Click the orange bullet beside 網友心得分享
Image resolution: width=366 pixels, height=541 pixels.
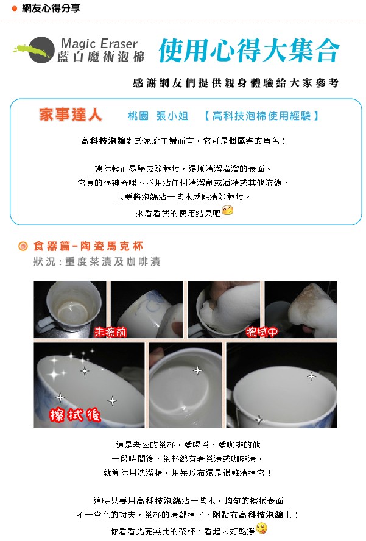(x=15, y=9)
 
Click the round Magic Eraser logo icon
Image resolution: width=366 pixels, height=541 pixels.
(x=41, y=50)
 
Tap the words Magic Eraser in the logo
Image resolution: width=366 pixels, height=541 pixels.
(x=99, y=44)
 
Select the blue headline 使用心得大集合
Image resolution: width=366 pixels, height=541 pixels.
(x=249, y=51)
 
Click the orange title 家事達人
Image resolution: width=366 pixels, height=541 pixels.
(x=71, y=115)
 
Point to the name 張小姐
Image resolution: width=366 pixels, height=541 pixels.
(x=172, y=116)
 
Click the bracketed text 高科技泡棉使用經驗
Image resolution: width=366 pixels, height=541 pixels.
(x=261, y=116)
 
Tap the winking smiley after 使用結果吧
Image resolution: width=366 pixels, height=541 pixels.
(x=227, y=210)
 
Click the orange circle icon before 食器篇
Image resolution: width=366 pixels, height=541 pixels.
(x=23, y=246)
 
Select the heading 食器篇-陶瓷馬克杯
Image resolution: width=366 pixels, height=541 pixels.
(x=88, y=246)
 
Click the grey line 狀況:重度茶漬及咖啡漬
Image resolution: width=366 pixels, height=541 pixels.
(x=97, y=262)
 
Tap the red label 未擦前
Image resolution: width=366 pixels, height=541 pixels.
(x=110, y=332)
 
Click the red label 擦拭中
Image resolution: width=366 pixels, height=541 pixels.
(x=262, y=332)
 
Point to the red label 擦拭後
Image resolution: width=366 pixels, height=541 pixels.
(x=75, y=414)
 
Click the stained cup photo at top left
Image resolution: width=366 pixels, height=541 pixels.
(x=70, y=309)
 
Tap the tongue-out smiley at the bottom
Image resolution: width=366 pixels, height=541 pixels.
(x=262, y=528)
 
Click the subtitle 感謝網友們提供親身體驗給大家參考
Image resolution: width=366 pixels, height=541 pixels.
(x=236, y=83)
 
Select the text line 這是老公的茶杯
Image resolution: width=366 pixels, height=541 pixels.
(x=188, y=445)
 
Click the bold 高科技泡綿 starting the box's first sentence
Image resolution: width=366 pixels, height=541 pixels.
(x=104, y=141)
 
